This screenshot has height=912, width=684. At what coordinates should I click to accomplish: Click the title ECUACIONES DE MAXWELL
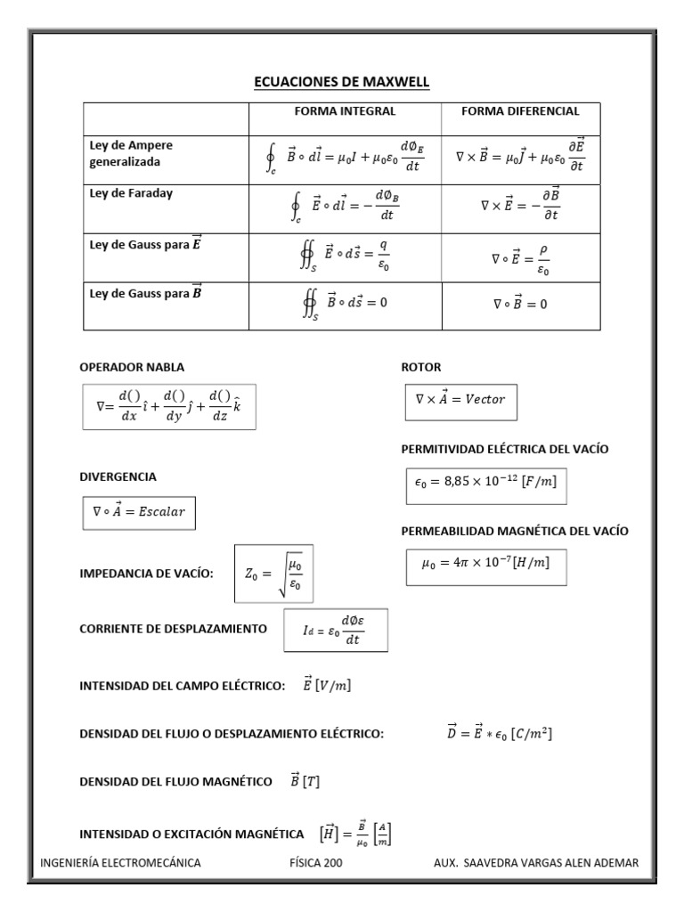click(x=342, y=83)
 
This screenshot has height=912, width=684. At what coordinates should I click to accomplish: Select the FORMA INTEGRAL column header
click(x=345, y=112)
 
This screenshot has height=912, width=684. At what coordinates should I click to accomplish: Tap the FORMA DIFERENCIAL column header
click(x=520, y=112)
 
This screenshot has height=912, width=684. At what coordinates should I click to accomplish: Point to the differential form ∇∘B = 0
click(x=520, y=304)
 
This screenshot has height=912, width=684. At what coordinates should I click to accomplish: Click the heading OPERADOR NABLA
click(x=134, y=367)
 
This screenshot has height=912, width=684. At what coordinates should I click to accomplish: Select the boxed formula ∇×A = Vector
click(x=460, y=399)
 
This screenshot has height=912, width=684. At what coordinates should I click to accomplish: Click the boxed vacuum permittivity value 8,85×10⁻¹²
click(x=485, y=482)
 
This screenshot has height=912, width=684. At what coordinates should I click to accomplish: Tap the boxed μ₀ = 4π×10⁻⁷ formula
click(x=485, y=564)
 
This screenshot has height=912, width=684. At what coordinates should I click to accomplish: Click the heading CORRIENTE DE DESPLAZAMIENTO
click(x=174, y=629)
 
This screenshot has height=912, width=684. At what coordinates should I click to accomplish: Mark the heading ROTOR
click(x=420, y=367)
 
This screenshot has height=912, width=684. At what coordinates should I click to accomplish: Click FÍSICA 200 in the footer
click(x=316, y=862)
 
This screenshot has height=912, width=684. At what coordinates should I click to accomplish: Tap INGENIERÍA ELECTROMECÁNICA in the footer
click(x=121, y=862)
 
